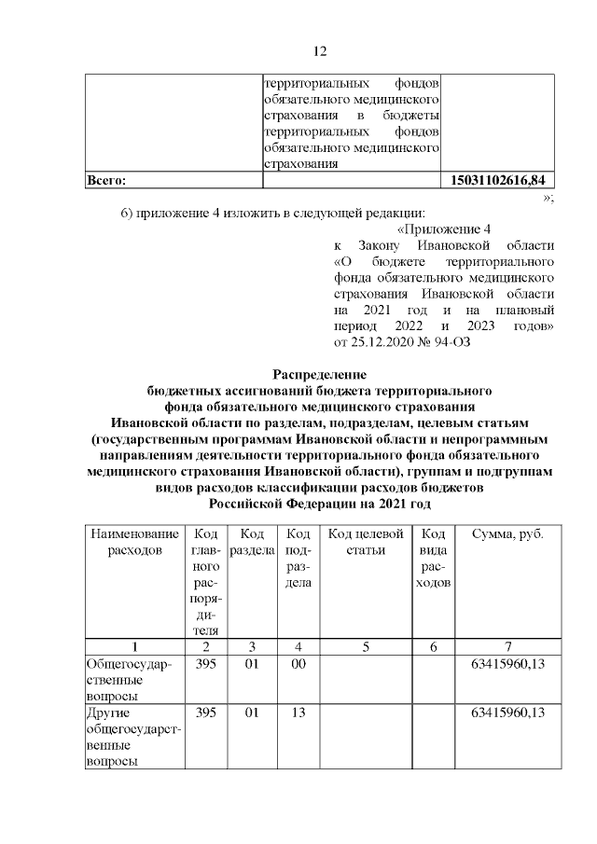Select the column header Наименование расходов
point(133,542)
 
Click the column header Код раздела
point(251,542)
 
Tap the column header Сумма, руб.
point(507,533)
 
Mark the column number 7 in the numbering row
point(507,646)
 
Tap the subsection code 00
point(298,663)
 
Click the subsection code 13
point(298,713)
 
